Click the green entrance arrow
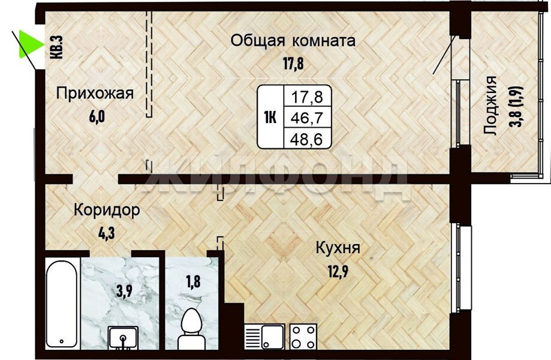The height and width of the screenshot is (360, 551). click(28, 44)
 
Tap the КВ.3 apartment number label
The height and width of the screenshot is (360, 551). click(57, 47)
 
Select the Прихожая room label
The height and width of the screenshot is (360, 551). click(95, 94)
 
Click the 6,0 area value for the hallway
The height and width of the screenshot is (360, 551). click(97, 116)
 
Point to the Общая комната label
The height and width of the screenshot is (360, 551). click(293, 41)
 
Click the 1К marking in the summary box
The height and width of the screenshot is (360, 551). click(270, 118)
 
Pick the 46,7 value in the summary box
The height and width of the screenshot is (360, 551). click(307, 118)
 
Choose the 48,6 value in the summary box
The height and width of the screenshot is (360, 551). click(306, 139)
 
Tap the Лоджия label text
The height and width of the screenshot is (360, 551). click(490, 106)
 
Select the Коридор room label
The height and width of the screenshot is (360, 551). click(107, 211)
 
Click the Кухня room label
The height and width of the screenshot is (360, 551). click(338, 248)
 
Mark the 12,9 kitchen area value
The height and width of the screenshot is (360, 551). click(338, 271)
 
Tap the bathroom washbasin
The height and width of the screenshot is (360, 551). click(123, 338)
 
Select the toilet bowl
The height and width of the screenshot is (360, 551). click(191, 329)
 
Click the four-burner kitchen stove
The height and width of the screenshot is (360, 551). click(303, 337)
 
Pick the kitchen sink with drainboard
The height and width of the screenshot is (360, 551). click(264, 337)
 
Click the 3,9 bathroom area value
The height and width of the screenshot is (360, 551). click(124, 291)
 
